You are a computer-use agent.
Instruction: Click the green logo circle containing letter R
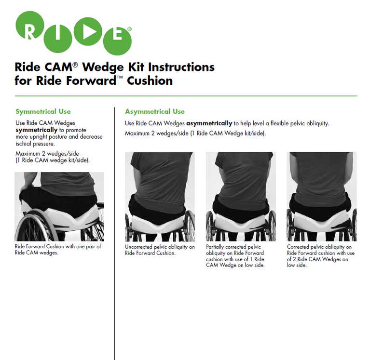coord(29,26)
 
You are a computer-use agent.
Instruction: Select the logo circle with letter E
coord(117,41)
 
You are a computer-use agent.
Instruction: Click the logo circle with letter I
coord(58,39)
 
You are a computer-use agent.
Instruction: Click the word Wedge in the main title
coord(103,67)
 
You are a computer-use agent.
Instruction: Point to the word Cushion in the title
coord(150,81)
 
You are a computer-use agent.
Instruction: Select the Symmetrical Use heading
coord(43,111)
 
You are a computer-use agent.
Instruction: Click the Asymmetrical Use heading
coord(155,111)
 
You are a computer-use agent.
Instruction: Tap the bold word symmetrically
coord(37,130)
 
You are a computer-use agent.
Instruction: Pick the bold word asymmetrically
coord(209,123)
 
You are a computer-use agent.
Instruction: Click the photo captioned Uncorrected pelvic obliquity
coord(160,197)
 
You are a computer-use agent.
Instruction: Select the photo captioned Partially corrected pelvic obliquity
coord(241,196)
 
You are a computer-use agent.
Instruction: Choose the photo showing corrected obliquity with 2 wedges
coord(322,196)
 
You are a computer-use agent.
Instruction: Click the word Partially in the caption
coord(215,247)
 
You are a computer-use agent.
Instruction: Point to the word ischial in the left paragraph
coord(23,144)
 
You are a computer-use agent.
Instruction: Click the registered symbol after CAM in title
coord(75,65)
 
